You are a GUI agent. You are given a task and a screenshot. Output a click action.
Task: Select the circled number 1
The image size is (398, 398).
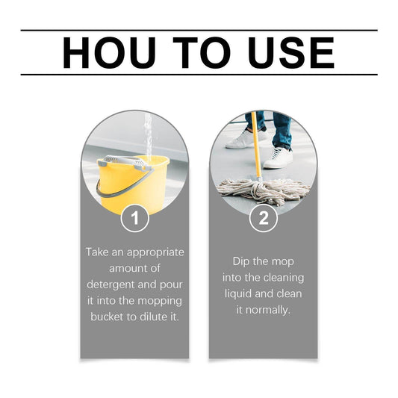tap(134, 219)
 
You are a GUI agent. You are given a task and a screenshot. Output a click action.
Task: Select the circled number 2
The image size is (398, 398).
tap(263, 219)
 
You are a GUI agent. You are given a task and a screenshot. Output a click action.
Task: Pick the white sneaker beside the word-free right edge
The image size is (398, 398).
tap(279, 158)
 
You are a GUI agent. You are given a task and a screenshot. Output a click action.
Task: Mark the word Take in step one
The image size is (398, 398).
tap(99, 252)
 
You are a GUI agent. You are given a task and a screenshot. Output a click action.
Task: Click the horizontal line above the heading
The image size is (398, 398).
tap(199, 31)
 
